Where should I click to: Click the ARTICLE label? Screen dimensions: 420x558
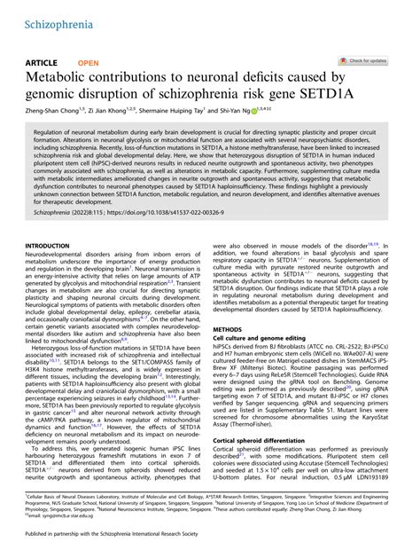point(41,63)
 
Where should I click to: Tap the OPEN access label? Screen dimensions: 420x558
point(89,63)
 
